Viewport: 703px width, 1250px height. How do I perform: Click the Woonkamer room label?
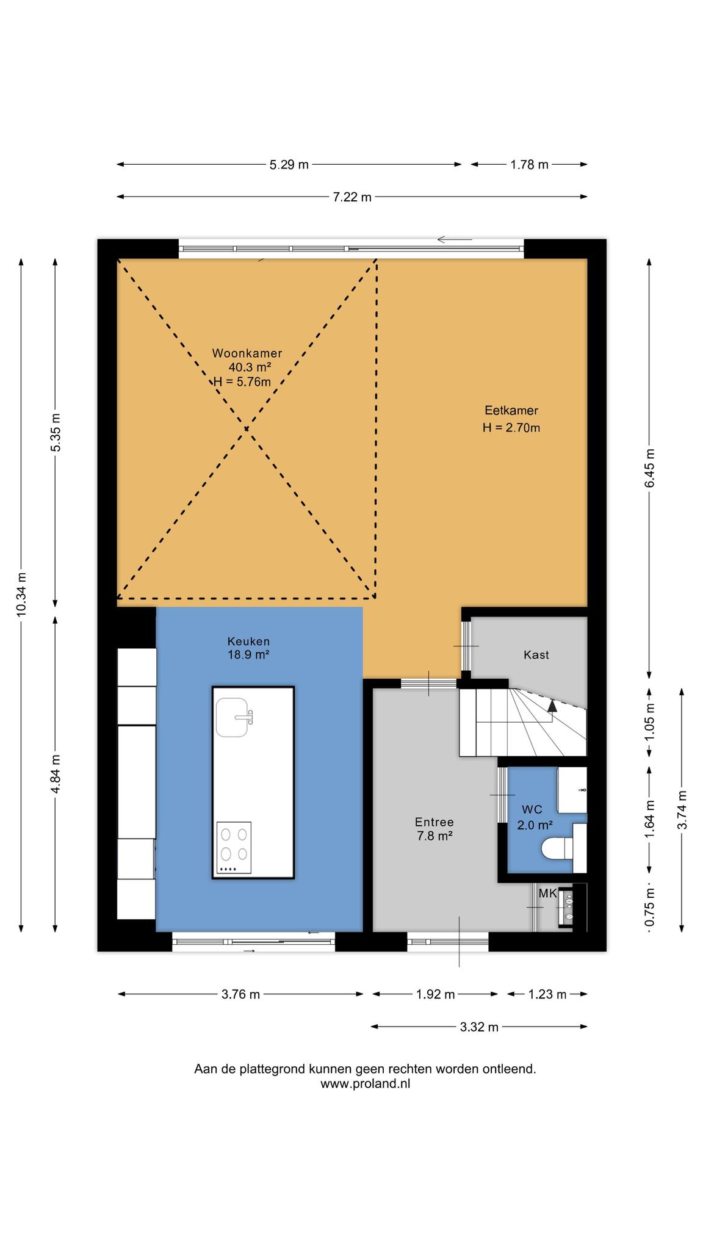(247, 353)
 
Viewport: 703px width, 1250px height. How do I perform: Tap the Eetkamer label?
(511, 410)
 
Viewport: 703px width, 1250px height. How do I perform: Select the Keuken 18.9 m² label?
(248, 648)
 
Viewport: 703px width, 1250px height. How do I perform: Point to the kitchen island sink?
(234, 717)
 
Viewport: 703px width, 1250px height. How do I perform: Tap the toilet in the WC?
(557, 848)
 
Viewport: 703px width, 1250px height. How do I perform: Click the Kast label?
(536, 655)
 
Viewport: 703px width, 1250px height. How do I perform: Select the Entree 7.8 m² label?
(434, 829)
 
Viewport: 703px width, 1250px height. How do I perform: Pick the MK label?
(547, 894)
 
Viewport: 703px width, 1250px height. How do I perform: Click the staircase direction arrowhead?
(552, 706)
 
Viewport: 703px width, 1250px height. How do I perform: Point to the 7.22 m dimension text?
(352, 197)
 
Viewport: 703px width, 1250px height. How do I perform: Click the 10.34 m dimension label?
(21, 594)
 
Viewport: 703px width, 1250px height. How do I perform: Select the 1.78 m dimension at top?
(529, 164)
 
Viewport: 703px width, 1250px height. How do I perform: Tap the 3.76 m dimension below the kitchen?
(240, 994)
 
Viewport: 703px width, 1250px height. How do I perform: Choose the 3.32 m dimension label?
(479, 1027)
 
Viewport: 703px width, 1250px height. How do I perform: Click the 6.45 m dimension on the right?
(650, 468)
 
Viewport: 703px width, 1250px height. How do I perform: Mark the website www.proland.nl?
(365, 1084)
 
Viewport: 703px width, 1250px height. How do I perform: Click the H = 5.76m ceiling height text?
(242, 381)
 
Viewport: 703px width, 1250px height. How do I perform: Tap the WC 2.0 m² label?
(535, 817)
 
